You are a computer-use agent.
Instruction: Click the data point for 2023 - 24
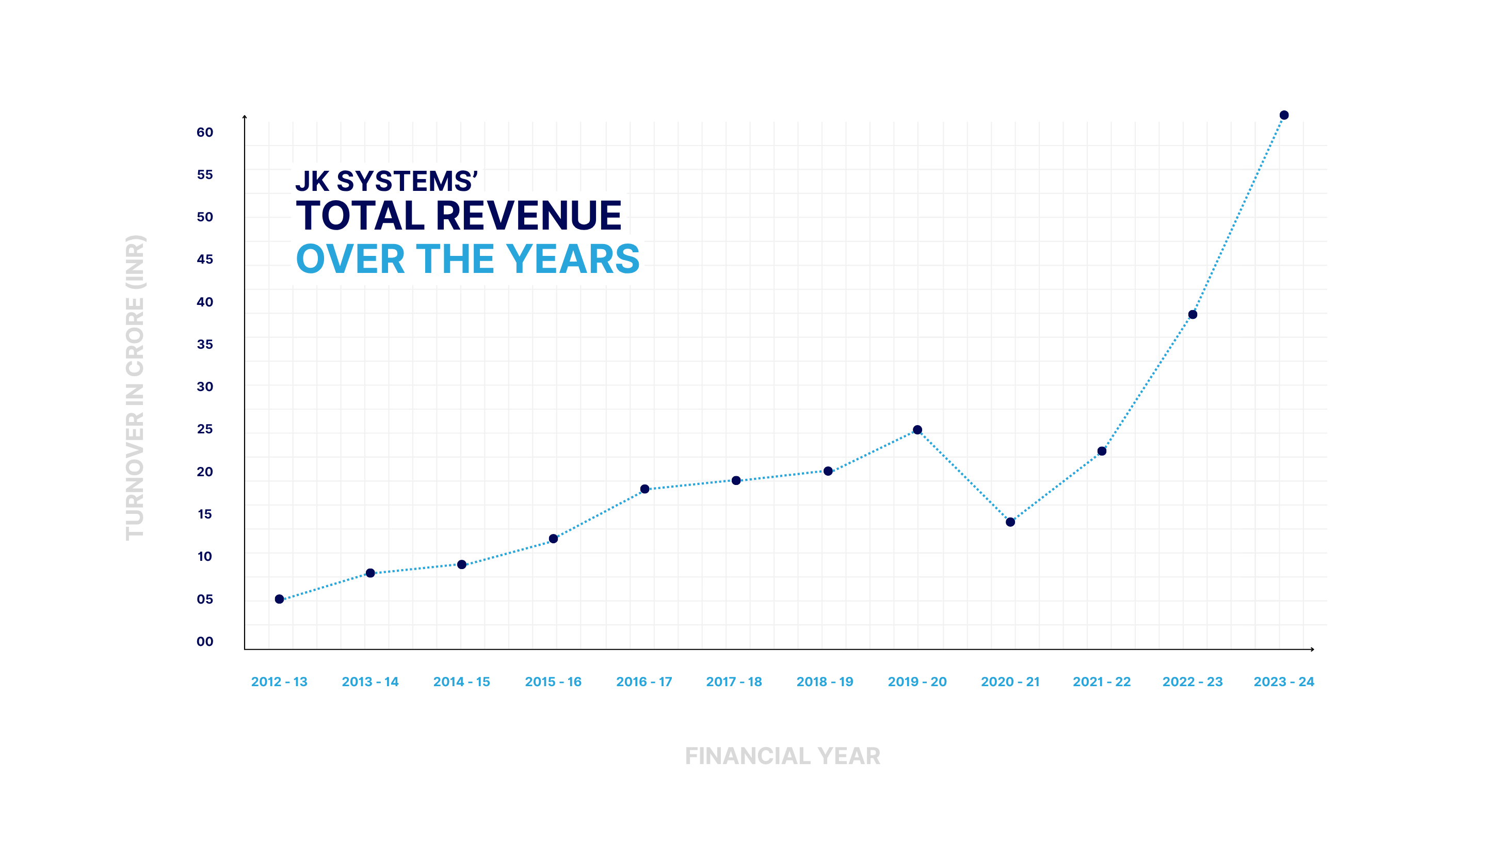1283,115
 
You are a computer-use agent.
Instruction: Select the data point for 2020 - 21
1010,522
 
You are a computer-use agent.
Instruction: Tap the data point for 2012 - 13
279,599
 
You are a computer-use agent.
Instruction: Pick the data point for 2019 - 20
917,430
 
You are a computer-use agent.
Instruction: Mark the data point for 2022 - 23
1192,315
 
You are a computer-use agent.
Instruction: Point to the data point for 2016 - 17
645,489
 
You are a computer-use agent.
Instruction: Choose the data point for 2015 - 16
553,539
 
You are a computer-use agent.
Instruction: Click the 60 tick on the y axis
205,133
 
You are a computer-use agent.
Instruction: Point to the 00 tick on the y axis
205,641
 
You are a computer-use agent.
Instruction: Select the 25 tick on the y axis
205,429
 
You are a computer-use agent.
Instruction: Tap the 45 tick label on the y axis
205,260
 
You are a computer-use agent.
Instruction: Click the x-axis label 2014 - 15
461,682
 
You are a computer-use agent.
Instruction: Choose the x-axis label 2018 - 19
825,682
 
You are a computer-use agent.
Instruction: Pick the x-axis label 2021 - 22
1101,682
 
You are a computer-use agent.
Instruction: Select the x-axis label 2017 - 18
734,682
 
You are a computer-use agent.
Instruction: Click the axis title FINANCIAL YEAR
782,756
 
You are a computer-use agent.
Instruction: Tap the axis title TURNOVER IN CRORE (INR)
135,387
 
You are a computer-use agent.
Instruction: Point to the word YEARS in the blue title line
572,259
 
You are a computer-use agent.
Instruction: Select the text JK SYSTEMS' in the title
386,181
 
